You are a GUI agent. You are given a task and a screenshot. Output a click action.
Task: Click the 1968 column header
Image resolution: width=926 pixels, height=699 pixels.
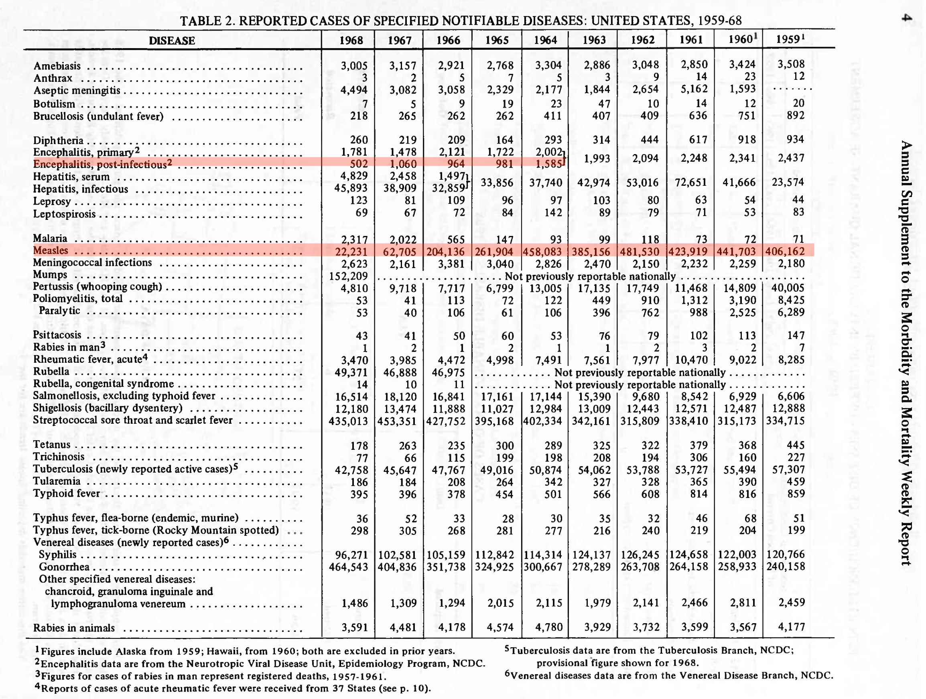click(x=351, y=40)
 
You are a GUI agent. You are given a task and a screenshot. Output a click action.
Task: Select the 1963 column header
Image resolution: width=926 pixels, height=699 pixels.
click(x=594, y=40)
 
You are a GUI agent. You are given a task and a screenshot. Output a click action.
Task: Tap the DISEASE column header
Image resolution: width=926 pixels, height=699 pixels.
click(x=172, y=41)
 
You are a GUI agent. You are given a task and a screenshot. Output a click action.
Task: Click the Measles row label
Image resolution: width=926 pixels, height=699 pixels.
click(x=51, y=250)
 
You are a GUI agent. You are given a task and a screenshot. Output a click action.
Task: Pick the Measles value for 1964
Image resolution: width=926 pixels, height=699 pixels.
click(x=542, y=252)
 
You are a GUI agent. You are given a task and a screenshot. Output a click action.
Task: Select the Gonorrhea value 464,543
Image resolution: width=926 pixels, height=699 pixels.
click(x=348, y=567)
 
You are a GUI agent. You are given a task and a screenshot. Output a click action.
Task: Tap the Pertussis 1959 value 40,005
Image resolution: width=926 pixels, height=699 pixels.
click(x=785, y=288)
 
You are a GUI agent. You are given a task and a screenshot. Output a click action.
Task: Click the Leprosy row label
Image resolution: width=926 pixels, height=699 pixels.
click(x=52, y=201)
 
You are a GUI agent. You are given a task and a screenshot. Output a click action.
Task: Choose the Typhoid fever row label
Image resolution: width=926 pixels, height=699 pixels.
click(x=67, y=494)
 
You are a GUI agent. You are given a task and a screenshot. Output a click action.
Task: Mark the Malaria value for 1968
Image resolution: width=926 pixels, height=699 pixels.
click(x=354, y=240)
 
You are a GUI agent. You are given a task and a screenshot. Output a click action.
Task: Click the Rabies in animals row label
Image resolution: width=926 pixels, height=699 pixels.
click(x=74, y=628)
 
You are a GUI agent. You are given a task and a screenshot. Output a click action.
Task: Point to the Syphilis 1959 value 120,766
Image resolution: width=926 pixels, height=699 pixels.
click(x=785, y=554)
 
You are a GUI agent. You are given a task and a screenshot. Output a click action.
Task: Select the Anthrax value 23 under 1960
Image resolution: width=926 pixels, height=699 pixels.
click(x=750, y=77)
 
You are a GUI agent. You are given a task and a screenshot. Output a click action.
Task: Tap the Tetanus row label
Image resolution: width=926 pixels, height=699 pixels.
click(x=52, y=445)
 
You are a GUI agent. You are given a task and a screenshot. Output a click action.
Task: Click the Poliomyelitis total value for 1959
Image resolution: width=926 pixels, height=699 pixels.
click(x=791, y=300)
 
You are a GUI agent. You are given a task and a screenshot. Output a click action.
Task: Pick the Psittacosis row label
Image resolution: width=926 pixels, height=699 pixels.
click(x=57, y=335)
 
